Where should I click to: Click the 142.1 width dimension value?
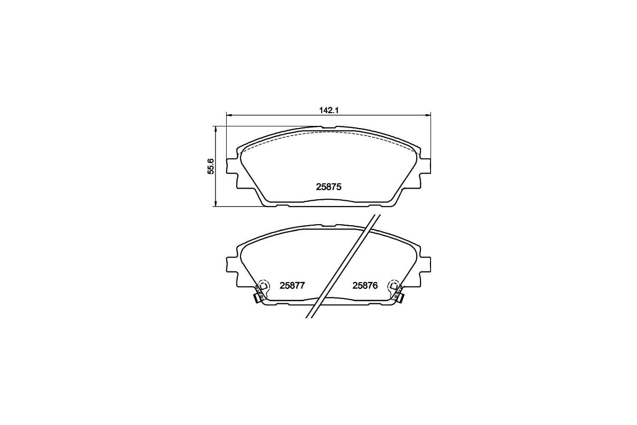click(x=329, y=110)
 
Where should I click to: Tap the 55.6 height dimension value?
click(x=211, y=166)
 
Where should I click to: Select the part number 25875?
click(x=329, y=187)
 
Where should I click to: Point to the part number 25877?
click(x=292, y=285)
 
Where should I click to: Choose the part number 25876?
click(x=365, y=285)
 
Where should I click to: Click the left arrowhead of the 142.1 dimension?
click(x=229, y=115)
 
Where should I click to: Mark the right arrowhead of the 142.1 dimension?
click(x=428, y=115)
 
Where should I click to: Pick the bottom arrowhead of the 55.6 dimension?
click(x=216, y=203)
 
